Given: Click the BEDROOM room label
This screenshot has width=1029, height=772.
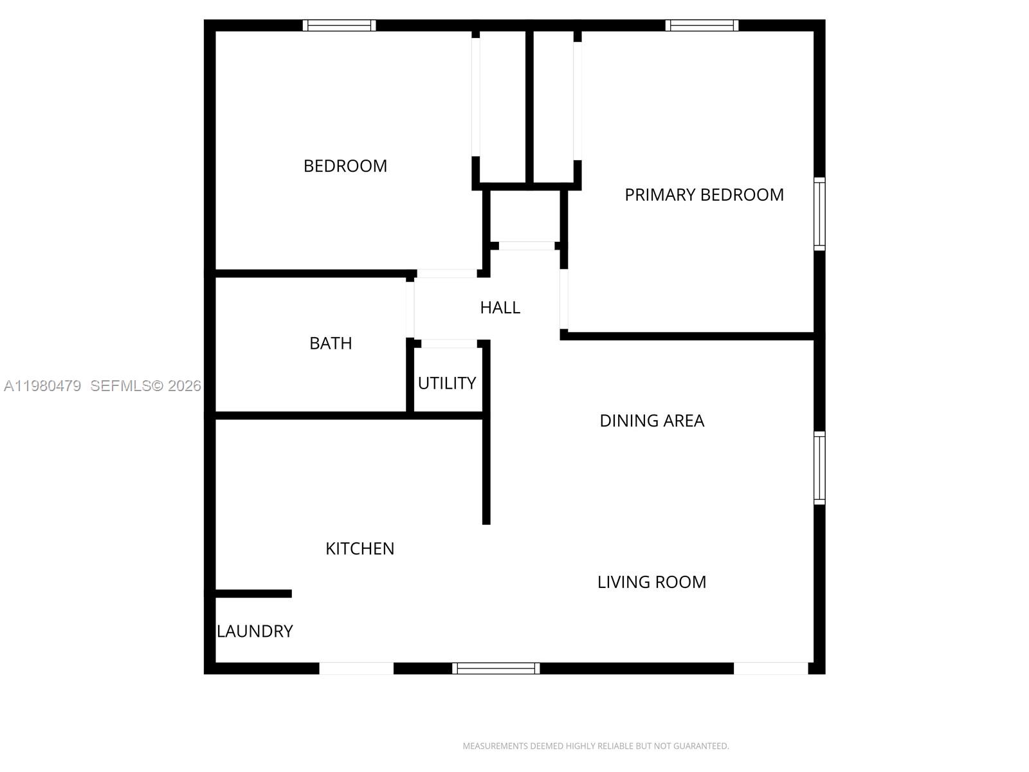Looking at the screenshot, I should [345, 166].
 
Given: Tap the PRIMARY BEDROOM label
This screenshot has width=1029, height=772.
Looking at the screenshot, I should [704, 195].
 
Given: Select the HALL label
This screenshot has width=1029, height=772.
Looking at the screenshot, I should [500, 308].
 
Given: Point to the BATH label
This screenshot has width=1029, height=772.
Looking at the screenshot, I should [331, 344].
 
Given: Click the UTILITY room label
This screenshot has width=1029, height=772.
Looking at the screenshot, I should [447, 383].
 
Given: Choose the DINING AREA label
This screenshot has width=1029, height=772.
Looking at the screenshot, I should [651, 421].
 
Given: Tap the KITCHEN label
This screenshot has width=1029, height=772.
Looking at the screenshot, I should [360, 549].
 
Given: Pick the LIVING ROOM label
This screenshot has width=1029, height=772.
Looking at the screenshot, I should [651, 582].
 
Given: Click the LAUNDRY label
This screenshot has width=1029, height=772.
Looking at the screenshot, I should [255, 631].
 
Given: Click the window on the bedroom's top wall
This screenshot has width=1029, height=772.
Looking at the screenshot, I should [340, 26].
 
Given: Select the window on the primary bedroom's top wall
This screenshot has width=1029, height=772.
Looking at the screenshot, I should [702, 26].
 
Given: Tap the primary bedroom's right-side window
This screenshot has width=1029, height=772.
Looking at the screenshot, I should [819, 214].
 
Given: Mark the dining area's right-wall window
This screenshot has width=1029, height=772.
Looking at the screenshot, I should [819, 468].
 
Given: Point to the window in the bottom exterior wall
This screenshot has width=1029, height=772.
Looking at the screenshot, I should [496, 668].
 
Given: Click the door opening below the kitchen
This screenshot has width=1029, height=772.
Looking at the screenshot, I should [356, 668].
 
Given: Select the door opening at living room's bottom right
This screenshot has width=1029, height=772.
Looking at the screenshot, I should [770, 668].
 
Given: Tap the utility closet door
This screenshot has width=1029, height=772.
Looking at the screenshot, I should [449, 344].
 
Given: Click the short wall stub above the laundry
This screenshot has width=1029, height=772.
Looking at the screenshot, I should [253, 594].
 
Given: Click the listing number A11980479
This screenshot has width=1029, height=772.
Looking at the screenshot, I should [42, 386].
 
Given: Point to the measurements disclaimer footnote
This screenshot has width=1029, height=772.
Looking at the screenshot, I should [596, 746].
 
